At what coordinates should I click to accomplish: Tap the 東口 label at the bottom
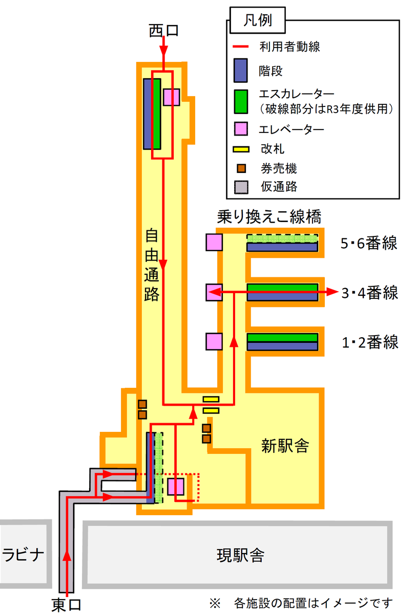point(67,604)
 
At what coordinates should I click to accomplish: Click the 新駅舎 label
point(285,445)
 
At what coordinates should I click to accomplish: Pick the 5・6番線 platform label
point(369,244)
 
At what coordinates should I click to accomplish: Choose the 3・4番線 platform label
point(369,293)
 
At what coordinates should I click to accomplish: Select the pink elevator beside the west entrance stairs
point(172,97)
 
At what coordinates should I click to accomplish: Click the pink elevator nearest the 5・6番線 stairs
point(214,243)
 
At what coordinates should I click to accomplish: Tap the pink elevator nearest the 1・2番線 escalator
point(214,342)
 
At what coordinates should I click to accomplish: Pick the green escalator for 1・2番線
point(282,338)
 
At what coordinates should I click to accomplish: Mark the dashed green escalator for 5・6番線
point(282,238)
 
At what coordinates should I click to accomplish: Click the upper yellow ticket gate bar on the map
point(211,399)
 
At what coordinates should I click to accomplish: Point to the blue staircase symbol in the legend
point(241,70)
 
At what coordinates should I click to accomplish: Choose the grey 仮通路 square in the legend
point(241,186)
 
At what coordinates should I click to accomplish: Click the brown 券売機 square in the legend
point(241,167)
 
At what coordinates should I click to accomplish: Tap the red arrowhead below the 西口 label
point(163,52)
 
